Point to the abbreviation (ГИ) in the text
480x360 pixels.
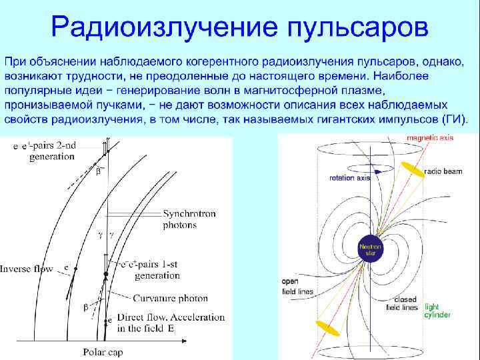[x=454, y=119]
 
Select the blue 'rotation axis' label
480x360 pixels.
[x=349, y=178]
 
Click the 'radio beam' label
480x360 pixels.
[x=444, y=171]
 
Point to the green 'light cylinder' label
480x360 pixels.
[x=437, y=310]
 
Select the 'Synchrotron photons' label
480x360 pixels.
[x=189, y=220]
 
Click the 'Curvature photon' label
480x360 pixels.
[x=170, y=298]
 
